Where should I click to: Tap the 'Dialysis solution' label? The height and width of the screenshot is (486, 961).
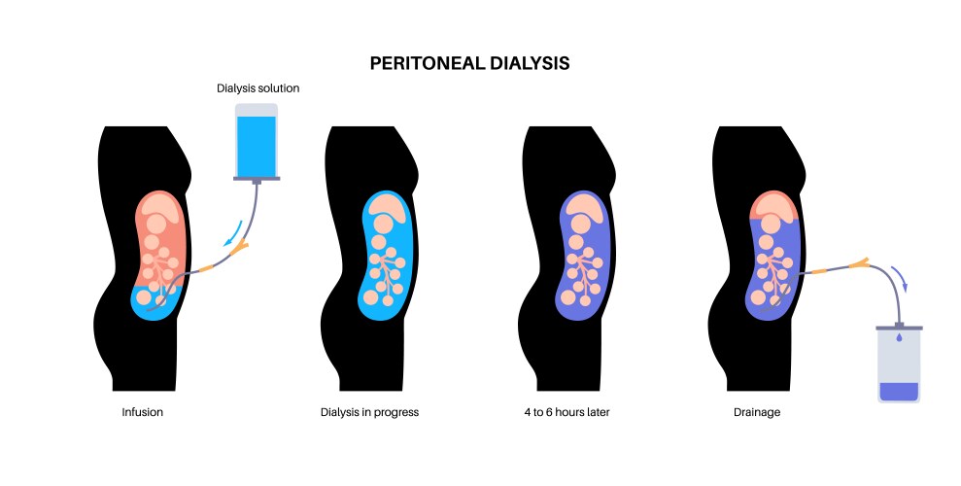tap(257, 88)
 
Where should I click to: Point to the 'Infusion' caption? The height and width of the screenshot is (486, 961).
tap(142, 412)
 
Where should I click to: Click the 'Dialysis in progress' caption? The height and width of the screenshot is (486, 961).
tap(369, 412)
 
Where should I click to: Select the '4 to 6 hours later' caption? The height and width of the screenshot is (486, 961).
tap(566, 412)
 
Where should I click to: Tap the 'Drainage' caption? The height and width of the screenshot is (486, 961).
tap(757, 412)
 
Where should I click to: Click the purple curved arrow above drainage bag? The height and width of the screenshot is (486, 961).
tap(902, 279)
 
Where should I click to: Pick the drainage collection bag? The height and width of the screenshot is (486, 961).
tap(898, 364)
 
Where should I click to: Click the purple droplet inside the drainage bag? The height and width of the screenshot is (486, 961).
tap(898, 338)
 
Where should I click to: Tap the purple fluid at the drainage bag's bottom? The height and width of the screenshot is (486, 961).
tap(898, 392)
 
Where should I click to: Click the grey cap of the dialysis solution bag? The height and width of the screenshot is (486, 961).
tap(257, 180)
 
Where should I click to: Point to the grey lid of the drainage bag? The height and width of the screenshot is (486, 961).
tap(898, 328)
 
